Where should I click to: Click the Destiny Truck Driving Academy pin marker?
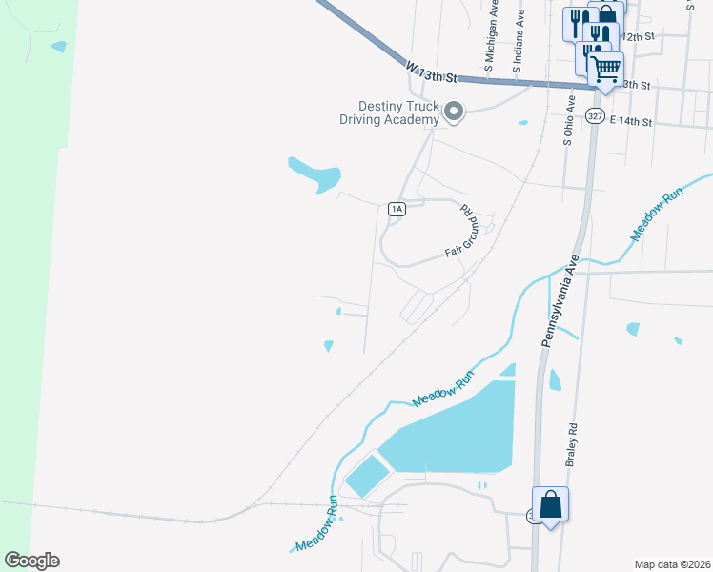coord(455,113)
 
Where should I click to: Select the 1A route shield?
coord(397,209)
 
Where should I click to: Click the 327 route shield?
coord(596,116)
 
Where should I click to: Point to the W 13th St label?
coord(432,71)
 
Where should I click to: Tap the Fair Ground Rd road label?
coord(461,233)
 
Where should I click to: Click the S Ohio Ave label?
coord(568,119)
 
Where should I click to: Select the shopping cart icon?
coord(605,70)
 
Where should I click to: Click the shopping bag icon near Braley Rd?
coord(551,504)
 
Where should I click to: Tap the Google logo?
coord(31,561)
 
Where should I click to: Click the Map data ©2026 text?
coord(671,563)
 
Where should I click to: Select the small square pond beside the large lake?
coord(367,475)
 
